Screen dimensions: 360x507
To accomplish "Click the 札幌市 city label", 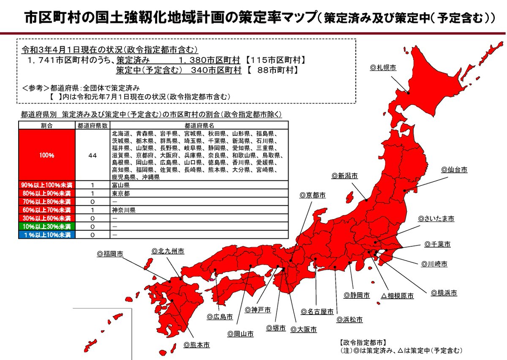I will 383,68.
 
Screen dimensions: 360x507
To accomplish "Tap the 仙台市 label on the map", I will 455,169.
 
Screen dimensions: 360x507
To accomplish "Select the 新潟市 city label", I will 345,175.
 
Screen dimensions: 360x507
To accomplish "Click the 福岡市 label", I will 110,254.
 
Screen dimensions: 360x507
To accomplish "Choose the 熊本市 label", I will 197,345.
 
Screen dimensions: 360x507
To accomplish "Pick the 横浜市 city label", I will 444,292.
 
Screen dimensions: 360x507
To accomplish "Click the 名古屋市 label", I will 317,312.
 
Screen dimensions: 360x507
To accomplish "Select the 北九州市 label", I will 168,251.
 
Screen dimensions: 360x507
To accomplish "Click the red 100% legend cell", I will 47,155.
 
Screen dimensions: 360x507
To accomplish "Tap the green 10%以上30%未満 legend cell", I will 47,226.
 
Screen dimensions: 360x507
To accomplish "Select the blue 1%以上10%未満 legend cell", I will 47,234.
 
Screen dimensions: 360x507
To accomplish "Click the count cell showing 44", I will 93,155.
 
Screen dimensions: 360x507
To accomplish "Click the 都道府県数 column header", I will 93,125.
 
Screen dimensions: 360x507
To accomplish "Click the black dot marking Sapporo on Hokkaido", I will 408,92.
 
